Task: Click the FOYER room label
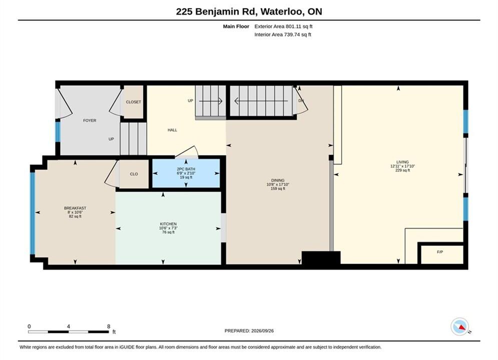pos(90,120)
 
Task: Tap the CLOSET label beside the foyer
pos(134,102)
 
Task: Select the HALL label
pos(173,130)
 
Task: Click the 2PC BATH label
pos(186,169)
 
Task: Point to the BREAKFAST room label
pos(75,208)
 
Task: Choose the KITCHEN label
pos(168,224)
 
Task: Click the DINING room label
pos(278,180)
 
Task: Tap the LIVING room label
pos(402,162)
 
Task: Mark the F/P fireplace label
pos(440,252)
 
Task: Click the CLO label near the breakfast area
pos(134,174)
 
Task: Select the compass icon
pos(460,326)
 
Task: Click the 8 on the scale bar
pos(109,326)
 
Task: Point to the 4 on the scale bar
pos(68,326)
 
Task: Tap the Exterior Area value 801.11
pos(293,26)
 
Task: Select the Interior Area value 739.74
pos(291,34)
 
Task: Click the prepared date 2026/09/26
pos(262,331)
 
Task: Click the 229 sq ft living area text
pos(402,170)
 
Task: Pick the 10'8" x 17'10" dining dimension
pos(278,184)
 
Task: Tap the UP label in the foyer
pos(111,139)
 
